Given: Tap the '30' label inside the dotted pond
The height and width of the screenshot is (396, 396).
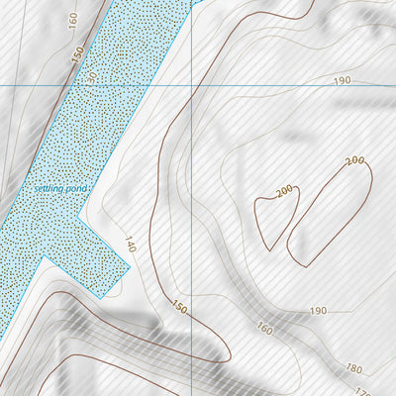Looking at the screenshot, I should [x=92, y=78].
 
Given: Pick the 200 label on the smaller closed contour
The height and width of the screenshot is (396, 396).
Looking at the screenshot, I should [x=285, y=190].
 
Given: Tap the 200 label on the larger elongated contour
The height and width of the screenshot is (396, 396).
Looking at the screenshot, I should [x=355, y=160].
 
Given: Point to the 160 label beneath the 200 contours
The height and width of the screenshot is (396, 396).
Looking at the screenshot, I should [x=264, y=329].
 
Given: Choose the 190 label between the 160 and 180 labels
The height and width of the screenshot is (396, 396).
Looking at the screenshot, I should [x=317, y=311].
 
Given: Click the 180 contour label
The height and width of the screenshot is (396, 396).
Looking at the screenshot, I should [x=353, y=368].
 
